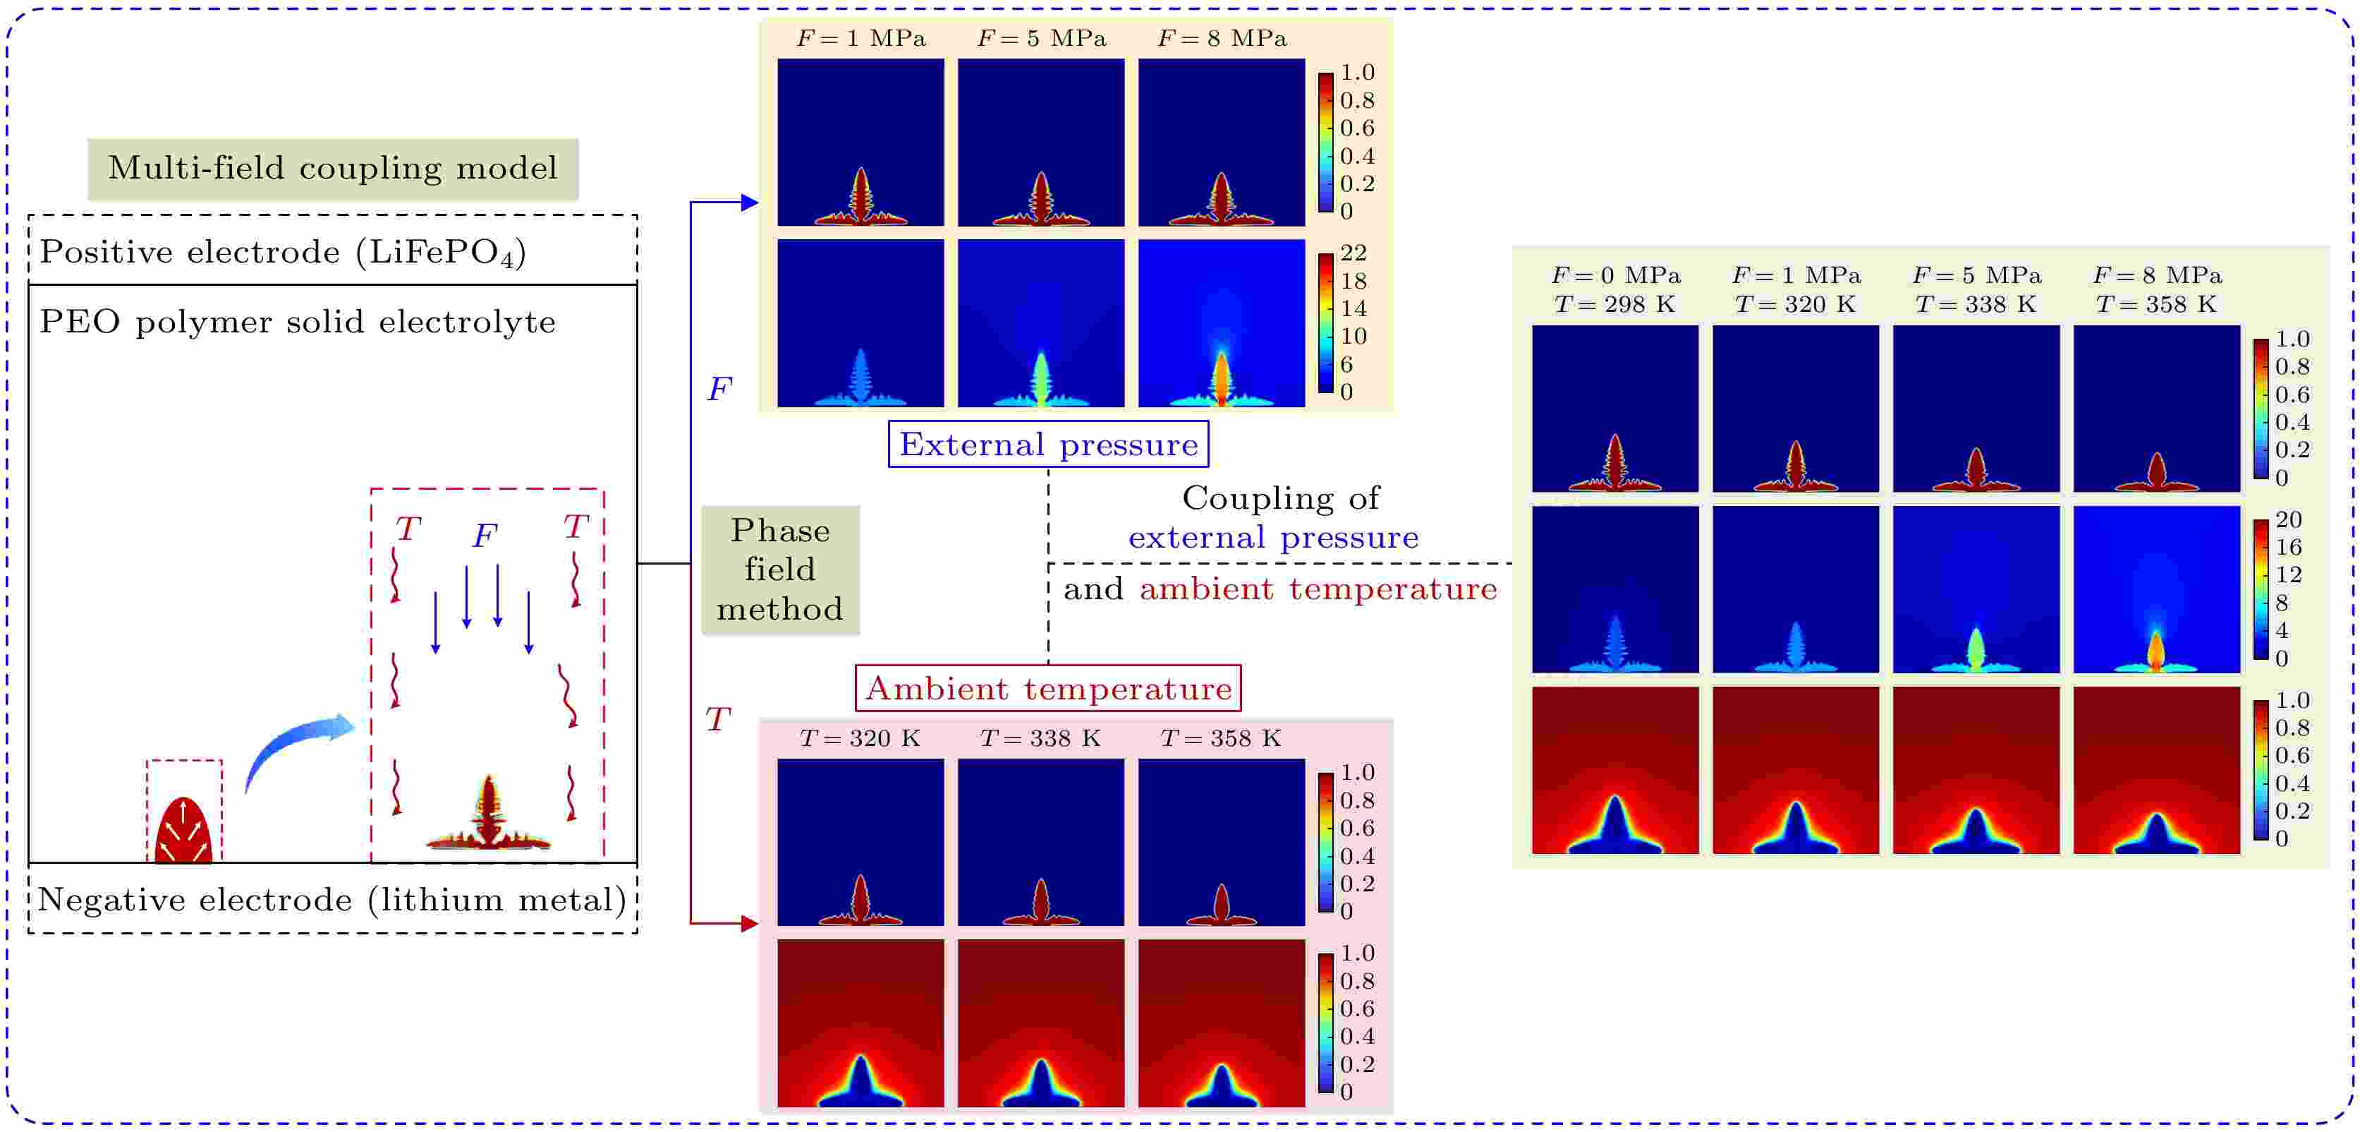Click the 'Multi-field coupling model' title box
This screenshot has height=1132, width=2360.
click(x=333, y=169)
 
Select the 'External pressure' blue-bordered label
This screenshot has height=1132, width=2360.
click(x=1048, y=445)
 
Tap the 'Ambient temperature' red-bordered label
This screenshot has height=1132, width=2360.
click(x=1048, y=688)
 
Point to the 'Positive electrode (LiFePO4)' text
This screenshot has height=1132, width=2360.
click(x=283, y=252)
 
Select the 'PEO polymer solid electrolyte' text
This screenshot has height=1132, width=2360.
click(x=298, y=322)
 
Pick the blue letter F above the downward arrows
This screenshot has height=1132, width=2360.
click(x=485, y=535)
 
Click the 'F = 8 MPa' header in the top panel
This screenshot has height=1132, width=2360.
click(x=1222, y=39)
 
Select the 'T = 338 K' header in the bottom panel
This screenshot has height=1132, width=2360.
click(x=1041, y=739)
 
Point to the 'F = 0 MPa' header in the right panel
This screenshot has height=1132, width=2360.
click(x=1615, y=275)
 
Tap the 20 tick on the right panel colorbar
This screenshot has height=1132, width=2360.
click(x=2287, y=519)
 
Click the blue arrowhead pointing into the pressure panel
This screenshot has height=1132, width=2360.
click(x=750, y=203)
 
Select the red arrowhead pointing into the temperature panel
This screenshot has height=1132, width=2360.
click(x=750, y=924)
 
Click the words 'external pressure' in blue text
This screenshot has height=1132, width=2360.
click(x=1273, y=538)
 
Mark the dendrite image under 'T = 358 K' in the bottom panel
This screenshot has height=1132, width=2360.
click(x=1221, y=843)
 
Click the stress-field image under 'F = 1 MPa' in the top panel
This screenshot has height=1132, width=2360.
click(x=860, y=323)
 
